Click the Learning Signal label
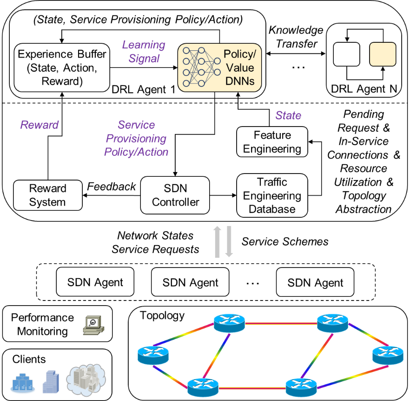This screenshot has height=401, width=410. [x=144, y=52]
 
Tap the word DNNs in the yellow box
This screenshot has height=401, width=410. [x=240, y=80]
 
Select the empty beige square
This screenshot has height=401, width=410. [x=383, y=54]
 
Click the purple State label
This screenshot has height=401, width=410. [x=288, y=115]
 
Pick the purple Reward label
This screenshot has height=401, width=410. [x=40, y=125]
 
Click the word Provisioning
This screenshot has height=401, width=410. [x=136, y=139]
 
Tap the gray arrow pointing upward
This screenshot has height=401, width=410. [x=217, y=242]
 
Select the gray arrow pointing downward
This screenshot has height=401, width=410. [x=229, y=242]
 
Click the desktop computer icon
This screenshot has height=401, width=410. [x=93, y=325]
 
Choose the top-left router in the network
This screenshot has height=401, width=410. [x=229, y=322]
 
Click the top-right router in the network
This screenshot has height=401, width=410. [x=332, y=322]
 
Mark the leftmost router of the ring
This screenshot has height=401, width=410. [x=153, y=355]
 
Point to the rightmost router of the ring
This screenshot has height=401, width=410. [x=388, y=355]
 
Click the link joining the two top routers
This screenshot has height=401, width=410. [x=281, y=323]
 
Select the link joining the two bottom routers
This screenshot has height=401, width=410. [x=251, y=388]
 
